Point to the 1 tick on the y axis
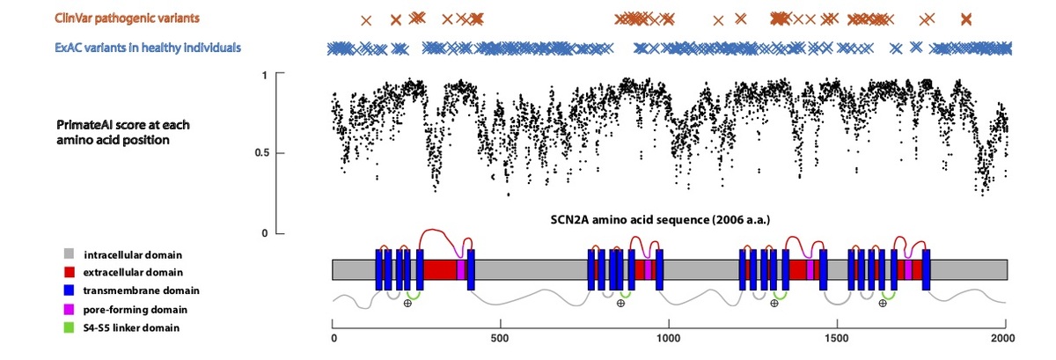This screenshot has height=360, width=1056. tap(264, 75)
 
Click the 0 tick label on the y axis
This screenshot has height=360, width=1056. tap(264, 233)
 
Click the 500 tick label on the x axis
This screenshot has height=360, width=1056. tap(500, 337)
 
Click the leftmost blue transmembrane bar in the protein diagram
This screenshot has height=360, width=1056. tap(379, 269)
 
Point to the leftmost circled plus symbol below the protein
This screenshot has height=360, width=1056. tap(407, 303)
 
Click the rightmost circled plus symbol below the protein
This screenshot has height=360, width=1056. tap(883, 303)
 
